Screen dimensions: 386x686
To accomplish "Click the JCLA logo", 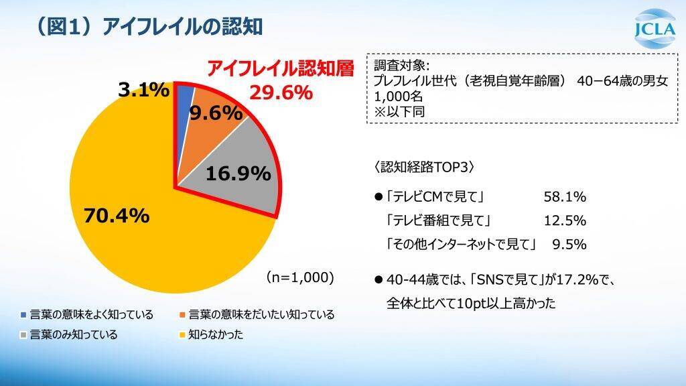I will coord(653,28).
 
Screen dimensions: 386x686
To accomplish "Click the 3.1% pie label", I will coord(143,89).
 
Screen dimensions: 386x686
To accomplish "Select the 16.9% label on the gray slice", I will coord(238,174).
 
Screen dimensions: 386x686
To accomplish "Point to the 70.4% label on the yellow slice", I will coord(115,216).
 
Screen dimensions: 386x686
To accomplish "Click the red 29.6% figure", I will coord(281,92).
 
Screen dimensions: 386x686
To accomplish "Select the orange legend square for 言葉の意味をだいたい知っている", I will coord(183,314).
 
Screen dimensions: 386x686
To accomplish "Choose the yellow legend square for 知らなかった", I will coord(183,334).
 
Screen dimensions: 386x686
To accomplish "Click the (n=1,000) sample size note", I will coord(299,276).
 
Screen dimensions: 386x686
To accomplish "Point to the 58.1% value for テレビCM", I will coord(565,197).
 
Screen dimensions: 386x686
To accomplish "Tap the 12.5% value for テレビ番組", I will coord(565,220).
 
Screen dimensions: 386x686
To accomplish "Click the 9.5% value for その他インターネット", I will coord(569,244).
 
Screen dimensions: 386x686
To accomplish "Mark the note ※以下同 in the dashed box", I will coord(399,111).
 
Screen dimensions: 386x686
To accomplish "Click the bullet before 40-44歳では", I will coord(379,279).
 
